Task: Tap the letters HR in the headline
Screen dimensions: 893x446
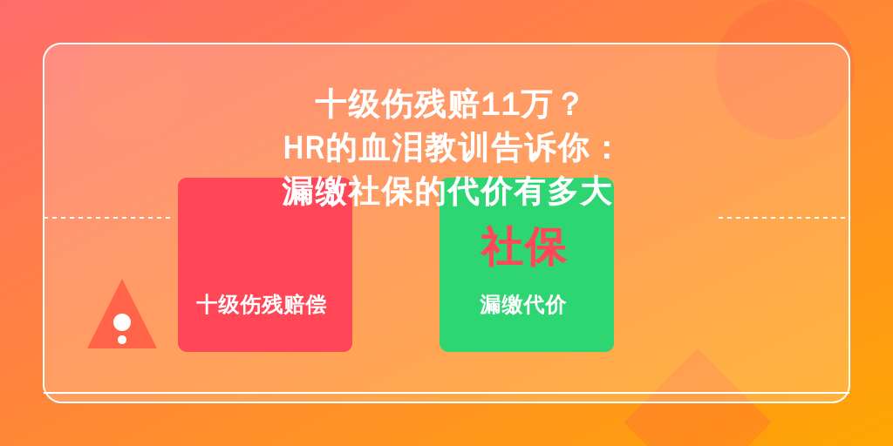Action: [x=303, y=149]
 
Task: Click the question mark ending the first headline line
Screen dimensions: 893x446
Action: [x=569, y=105]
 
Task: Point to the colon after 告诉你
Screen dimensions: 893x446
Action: [x=607, y=149]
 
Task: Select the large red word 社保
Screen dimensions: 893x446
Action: [x=524, y=247]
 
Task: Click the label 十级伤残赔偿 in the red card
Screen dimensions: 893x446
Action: [x=262, y=305]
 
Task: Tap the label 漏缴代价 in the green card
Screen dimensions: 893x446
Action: [x=523, y=305]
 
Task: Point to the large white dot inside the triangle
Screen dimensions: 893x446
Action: [x=122, y=322]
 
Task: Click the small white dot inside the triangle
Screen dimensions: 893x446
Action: [x=122, y=340]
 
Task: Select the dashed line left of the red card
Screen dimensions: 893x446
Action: [x=107, y=217]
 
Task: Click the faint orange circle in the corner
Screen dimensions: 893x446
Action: [x=785, y=70]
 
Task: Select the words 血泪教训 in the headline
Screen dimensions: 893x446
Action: [x=425, y=149]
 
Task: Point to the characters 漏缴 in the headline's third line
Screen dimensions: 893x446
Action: [x=315, y=193]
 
